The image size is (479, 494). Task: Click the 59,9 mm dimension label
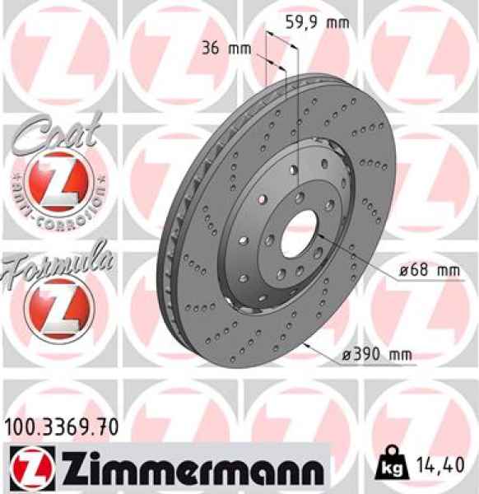tap(316, 23)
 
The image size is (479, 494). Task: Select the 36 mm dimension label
tap(226, 48)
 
